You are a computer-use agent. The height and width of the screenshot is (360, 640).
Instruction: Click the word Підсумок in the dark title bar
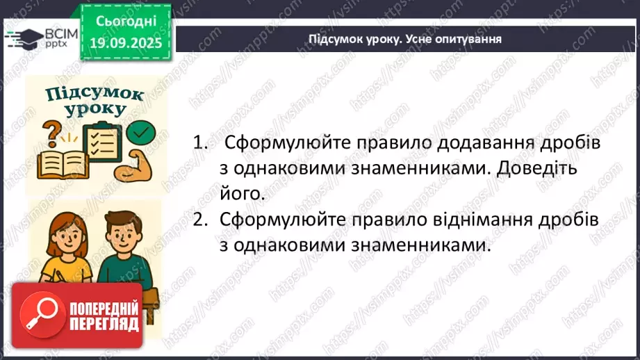331,39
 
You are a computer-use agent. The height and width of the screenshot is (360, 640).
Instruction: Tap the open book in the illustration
58,165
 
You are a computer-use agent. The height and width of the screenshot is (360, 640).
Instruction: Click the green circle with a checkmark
143,131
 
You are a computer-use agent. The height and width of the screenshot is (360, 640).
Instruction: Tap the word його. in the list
242,194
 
